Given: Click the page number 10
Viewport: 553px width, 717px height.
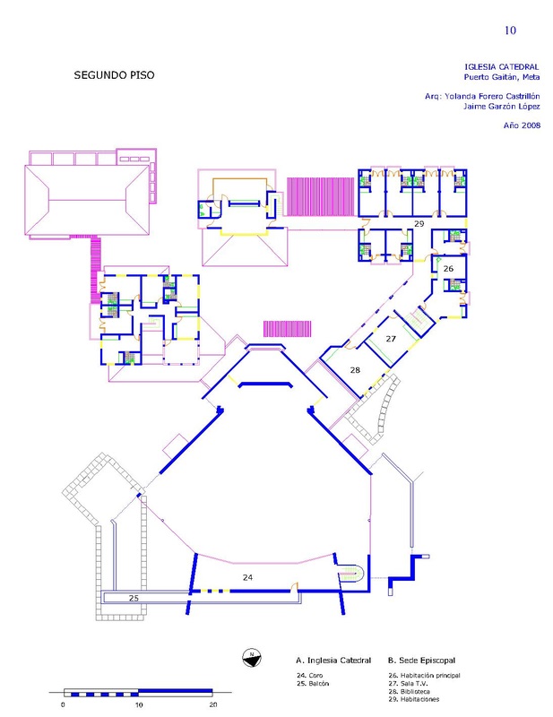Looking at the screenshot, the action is tap(510, 30).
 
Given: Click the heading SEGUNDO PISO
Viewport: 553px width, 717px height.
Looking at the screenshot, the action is tap(114, 75).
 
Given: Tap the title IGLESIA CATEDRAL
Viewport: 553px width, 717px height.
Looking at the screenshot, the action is tap(502, 66).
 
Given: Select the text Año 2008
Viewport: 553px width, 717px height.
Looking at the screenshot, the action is tap(522, 125).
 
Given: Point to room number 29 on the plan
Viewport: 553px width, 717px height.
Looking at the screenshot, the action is tap(419, 223).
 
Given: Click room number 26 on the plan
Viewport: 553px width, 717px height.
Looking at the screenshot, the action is tap(448, 268).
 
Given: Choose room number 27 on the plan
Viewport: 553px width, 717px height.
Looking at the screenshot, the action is tap(391, 339).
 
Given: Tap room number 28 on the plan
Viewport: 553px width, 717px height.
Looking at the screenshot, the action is tap(355, 370).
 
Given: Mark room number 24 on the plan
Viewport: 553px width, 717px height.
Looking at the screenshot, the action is tap(247, 577).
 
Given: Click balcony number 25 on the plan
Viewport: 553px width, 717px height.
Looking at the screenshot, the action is tap(134, 598).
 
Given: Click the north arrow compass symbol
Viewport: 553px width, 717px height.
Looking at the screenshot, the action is tap(251, 658).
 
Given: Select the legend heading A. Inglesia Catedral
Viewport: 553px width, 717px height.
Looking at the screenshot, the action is tap(333, 661).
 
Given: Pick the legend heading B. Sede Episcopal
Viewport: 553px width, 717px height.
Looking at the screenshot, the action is tap(422, 661).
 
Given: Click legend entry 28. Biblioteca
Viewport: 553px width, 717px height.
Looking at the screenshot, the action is tap(409, 691).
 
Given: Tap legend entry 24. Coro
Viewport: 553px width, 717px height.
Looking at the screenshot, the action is tap(309, 675).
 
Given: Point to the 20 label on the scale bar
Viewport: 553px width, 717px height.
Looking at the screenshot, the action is tap(213, 704).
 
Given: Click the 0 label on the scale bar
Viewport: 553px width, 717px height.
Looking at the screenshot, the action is tap(63, 704).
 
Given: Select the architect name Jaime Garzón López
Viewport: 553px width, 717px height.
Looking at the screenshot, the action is tap(502, 106).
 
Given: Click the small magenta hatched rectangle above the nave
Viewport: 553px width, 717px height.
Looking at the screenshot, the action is tap(287, 329).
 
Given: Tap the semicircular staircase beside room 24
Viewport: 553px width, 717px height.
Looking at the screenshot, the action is tap(351, 574).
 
